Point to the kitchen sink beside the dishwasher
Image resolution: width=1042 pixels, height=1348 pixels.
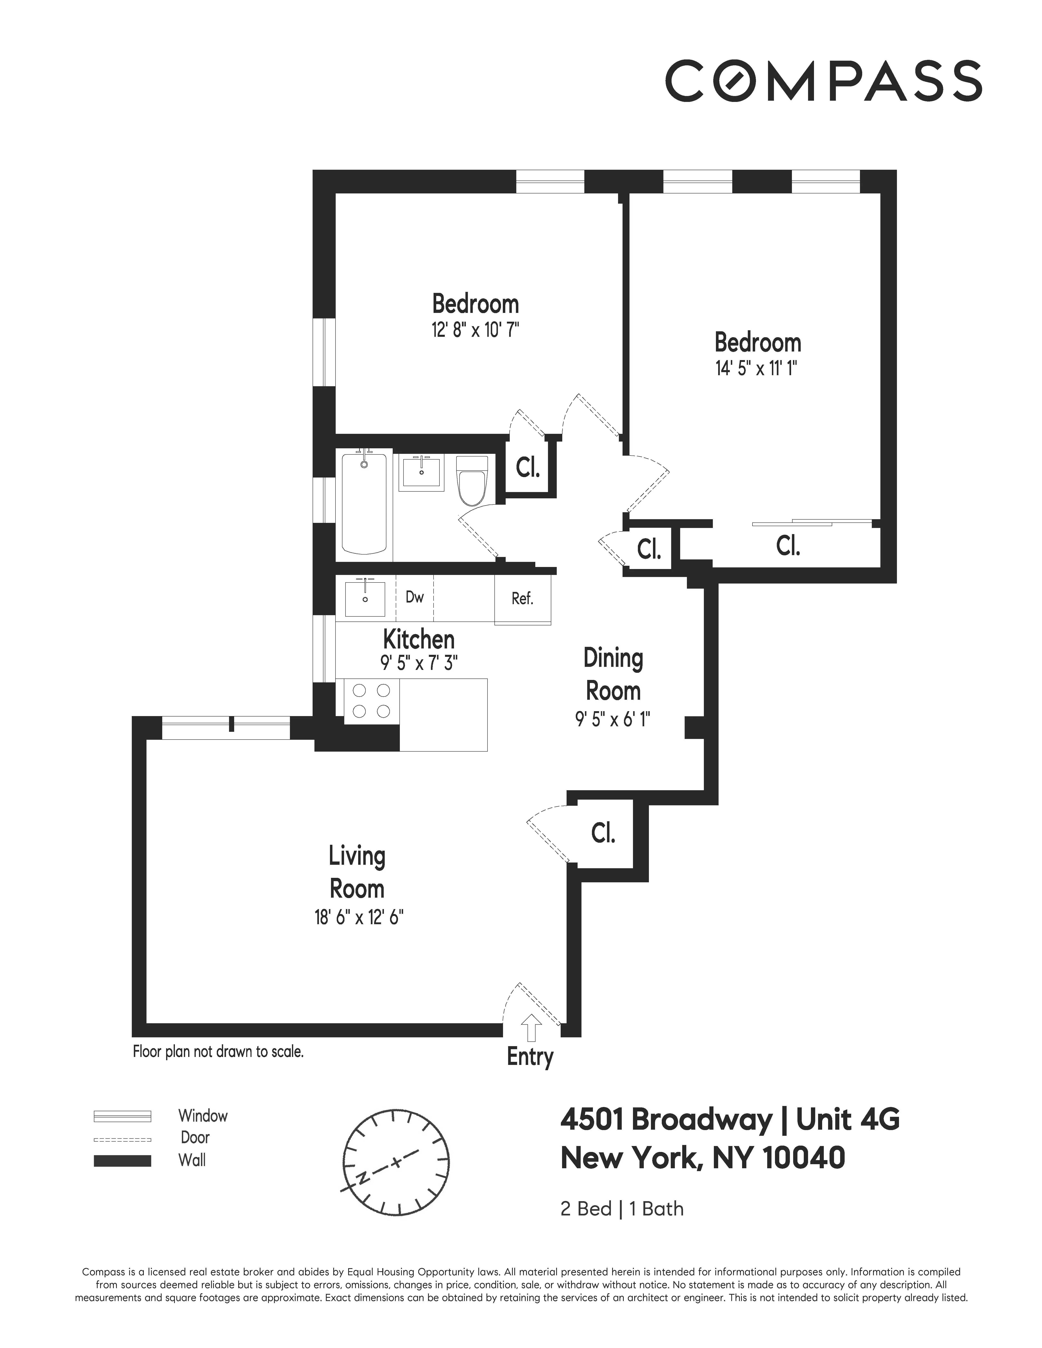coord(365,597)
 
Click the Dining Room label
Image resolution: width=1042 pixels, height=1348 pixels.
coord(613,675)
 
